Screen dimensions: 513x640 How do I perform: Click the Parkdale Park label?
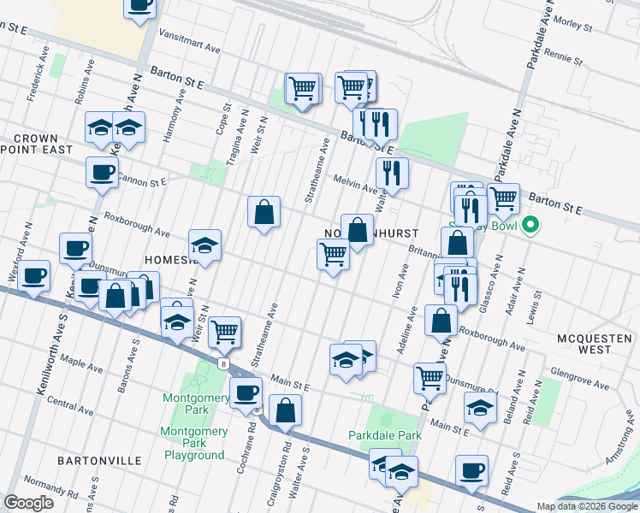[385, 435]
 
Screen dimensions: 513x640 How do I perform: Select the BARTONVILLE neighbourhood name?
[99, 460]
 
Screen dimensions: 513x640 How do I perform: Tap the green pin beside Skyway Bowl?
[530, 226]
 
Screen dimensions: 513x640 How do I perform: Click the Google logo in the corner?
[29, 503]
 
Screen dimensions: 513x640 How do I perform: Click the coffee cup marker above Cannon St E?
[102, 172]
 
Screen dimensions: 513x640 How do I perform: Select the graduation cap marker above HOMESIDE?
[204, 246]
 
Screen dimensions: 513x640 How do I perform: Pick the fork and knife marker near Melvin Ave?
[392, 172]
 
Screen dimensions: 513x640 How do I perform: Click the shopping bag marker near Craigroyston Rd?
[285, 410]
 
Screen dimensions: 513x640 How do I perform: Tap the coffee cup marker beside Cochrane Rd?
[246, 392]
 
